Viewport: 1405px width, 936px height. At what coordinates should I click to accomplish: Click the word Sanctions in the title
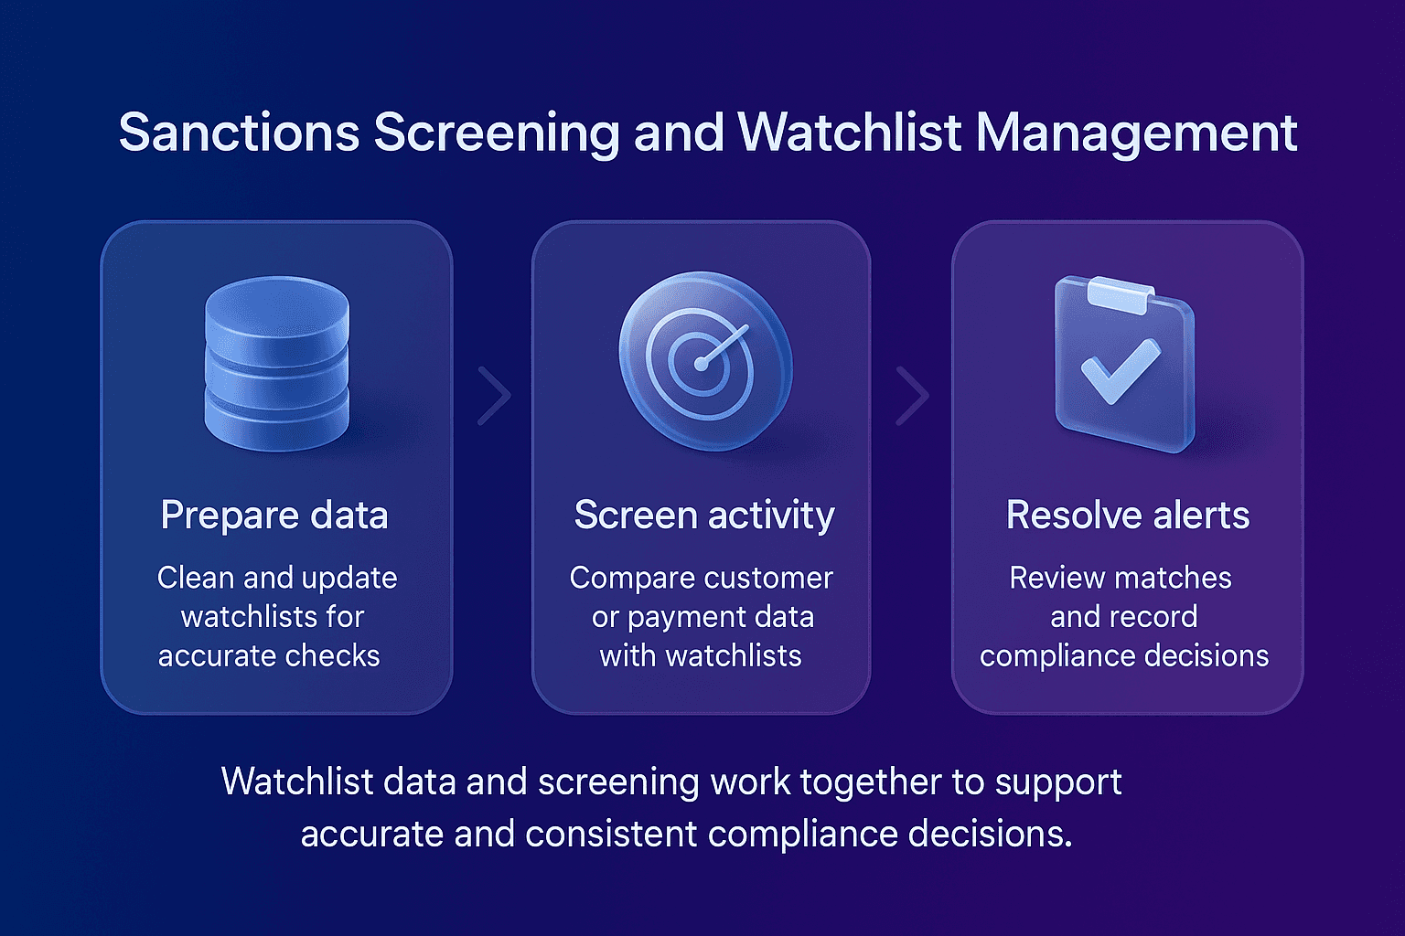coord(239,133)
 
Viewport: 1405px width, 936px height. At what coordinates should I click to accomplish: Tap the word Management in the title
coord(1136,133)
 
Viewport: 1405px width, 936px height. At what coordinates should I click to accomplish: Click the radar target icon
coord(703,360)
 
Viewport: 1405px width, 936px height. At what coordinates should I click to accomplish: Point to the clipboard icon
coord(1124,367)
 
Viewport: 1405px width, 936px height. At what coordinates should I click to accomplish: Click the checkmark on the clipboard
coord(1120,370)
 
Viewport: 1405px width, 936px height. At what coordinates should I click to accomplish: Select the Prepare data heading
coord(274,516)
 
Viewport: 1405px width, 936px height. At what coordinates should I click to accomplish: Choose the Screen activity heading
coord(703,516)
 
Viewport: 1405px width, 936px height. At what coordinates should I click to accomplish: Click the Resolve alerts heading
coord(1127,516)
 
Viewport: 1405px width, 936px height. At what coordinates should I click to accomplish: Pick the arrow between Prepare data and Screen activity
coord(495,396)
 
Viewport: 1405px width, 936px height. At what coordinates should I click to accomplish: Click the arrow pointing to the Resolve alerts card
coord(912,396)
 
